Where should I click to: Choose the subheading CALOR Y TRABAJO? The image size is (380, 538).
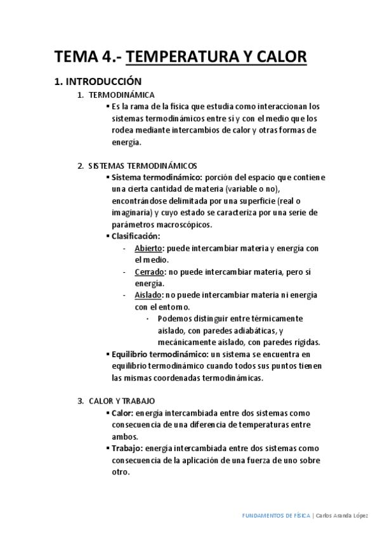click(x=121, y=401)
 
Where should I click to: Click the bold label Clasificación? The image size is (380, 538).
click(x=136, y=236)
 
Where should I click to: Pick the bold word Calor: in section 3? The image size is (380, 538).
click(x=122, y=413)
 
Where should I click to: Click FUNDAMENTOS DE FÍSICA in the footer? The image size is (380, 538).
click(x=277, y=516)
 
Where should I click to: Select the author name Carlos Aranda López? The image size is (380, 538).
click(x=341, y=516)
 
